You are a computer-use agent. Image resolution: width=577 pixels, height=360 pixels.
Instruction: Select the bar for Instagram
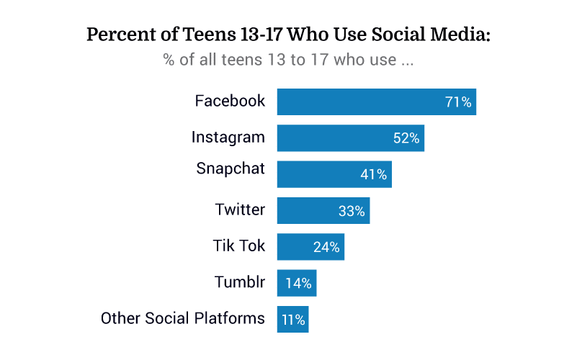coord(350,138)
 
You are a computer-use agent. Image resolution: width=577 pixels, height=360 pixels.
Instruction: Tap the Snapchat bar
coord(334,174)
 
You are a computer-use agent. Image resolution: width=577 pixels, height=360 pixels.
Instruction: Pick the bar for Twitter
coord(323,211)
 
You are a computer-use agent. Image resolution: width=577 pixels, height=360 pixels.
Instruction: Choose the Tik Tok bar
coord(310,247)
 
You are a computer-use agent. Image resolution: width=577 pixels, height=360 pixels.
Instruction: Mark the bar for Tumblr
coord(297,283)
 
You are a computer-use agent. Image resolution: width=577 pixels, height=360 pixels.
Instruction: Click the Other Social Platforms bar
coord(292,319)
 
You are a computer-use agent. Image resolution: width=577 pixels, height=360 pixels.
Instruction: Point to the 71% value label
coord(458,102)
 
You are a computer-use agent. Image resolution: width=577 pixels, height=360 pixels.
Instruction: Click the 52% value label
coord(406,138)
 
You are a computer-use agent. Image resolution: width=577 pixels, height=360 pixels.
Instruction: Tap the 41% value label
coord(374,174)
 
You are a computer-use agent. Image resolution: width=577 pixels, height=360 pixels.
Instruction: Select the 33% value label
coord(352,211)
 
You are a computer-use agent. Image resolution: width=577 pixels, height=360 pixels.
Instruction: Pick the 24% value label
coord(326,247)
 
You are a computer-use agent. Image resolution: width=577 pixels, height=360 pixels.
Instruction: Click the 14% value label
coord(298,283)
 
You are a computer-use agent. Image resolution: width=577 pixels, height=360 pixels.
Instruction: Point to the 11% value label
coord(293,319)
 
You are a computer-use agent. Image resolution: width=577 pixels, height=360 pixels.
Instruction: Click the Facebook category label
coord(230,101)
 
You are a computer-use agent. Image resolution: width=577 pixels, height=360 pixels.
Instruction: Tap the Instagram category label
coord(228,137)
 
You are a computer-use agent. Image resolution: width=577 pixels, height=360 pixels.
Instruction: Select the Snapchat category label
coord(231,168)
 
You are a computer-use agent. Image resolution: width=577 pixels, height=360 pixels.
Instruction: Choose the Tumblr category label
coord(240,282)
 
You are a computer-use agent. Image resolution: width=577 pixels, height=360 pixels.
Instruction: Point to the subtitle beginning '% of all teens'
coord(288,60)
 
